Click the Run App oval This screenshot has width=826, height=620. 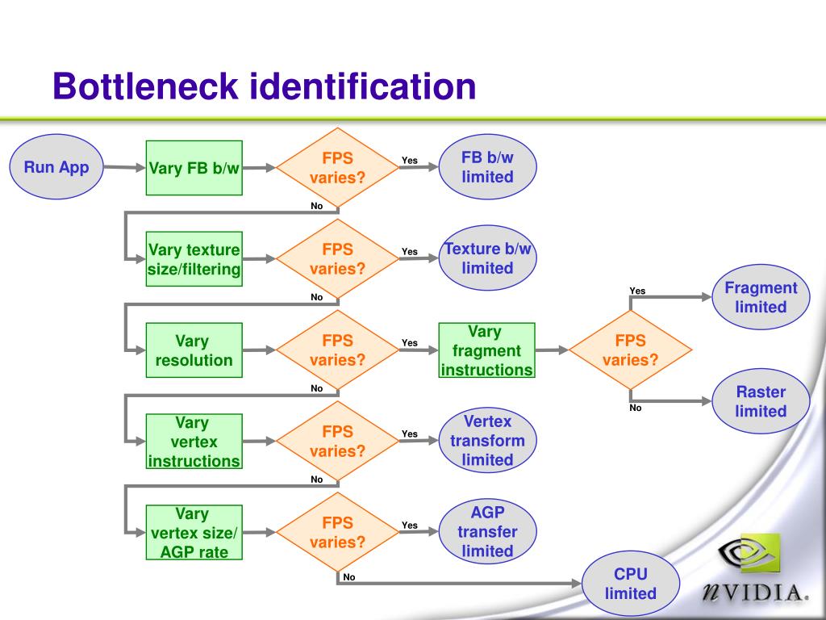pos(56,166)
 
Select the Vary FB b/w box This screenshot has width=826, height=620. pos(194,168)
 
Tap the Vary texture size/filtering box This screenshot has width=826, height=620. pos(194,259)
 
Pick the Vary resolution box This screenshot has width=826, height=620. pos(194,350)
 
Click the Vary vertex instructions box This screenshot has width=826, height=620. pos(194,442)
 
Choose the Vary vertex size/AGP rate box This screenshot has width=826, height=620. pos(194,533)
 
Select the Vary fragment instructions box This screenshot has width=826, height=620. pos(486,350)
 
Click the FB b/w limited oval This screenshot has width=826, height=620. pos(487,166)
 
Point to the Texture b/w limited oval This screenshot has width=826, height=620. pos(487,258)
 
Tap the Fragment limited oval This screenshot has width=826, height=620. pos(761,297)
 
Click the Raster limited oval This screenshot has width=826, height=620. pos(761,401)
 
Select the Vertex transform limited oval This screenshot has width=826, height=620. pos(487,440)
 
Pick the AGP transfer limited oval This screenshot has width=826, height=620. pos(487,531)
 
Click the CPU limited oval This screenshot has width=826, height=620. pos(631,584)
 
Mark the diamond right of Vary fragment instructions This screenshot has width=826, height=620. pos(630,350)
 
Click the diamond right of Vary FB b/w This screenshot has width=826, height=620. pos(337,167)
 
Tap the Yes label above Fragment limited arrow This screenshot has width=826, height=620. pos(637,291)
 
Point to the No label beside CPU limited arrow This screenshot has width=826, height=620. pos(348,576)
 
